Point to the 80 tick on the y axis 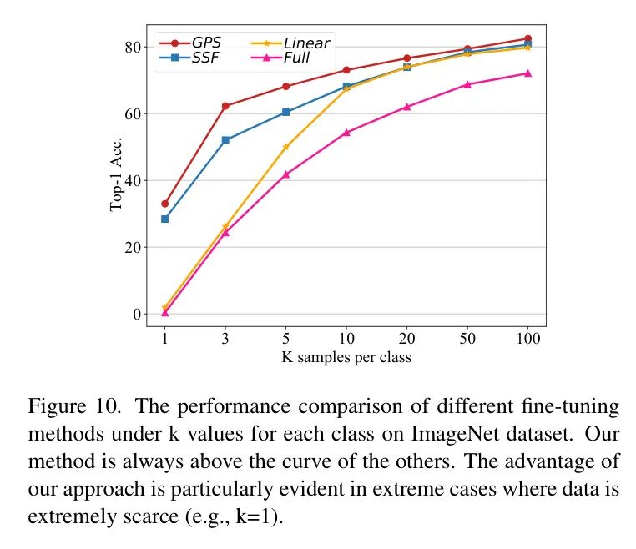[x=131, y=47]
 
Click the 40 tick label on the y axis [x=131, y=180]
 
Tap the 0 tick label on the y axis [x=135, y=314]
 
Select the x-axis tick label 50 [x=467, y=339]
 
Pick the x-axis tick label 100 [x=527, y=339]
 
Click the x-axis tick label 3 [x=225, y=339]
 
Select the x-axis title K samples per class [x=346, y=357]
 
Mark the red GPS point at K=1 [x=165, y=204]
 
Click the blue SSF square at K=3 [x=225, y=140]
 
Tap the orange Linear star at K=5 [x=285, y=147]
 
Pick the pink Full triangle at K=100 [x=527, y=73]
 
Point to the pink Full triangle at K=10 [x=346, y=132]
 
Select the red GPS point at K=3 [x=225, y=106]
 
